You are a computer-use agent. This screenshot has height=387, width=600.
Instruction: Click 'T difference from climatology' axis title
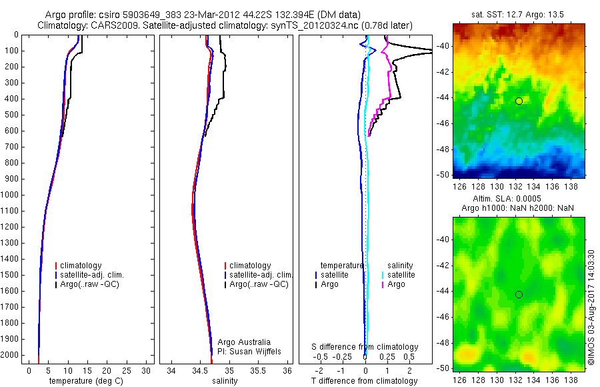point(365,381)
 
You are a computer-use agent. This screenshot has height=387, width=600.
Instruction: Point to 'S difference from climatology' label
point(365,347)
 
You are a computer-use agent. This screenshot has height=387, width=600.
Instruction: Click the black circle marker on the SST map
point(519,101)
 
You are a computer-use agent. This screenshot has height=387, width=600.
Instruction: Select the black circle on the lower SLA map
point(519,294)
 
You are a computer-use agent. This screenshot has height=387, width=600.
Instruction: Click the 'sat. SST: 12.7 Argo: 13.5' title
point(518,15)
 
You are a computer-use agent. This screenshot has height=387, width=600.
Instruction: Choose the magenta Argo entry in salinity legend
point(396,285)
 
